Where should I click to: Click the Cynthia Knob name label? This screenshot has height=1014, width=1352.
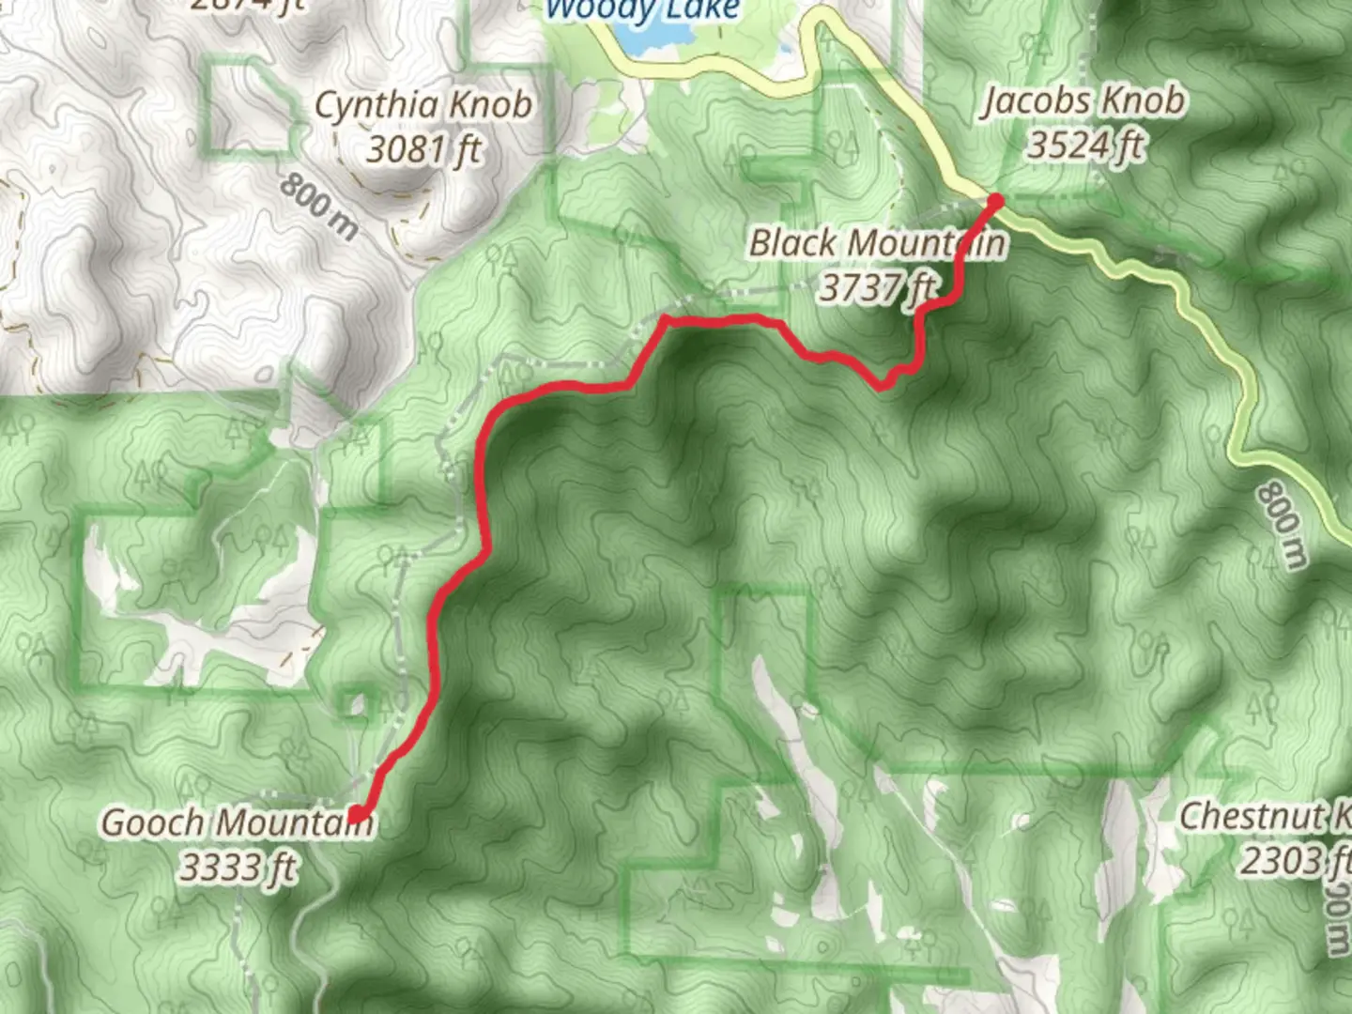pos(422,105)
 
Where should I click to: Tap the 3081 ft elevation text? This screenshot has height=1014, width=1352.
pos(424,148)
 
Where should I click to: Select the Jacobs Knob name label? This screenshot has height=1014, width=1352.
pos(1083,101)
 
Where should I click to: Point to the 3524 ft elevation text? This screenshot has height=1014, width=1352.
pos(1086,146)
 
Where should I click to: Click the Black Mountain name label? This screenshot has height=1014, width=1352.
pos(877,243)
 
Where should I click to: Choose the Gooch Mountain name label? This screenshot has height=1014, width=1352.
pos(237,823)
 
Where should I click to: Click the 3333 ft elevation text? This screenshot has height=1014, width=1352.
pos(238,867)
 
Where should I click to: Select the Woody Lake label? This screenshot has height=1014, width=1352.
pos(642,10)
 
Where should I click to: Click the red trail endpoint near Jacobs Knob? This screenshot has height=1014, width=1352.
pos(995,200)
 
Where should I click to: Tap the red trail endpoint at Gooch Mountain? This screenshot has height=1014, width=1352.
pos(358,814)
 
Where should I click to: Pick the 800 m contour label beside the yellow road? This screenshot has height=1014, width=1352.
pos(1283,525)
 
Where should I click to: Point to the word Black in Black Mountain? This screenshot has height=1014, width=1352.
pos(792,243)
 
